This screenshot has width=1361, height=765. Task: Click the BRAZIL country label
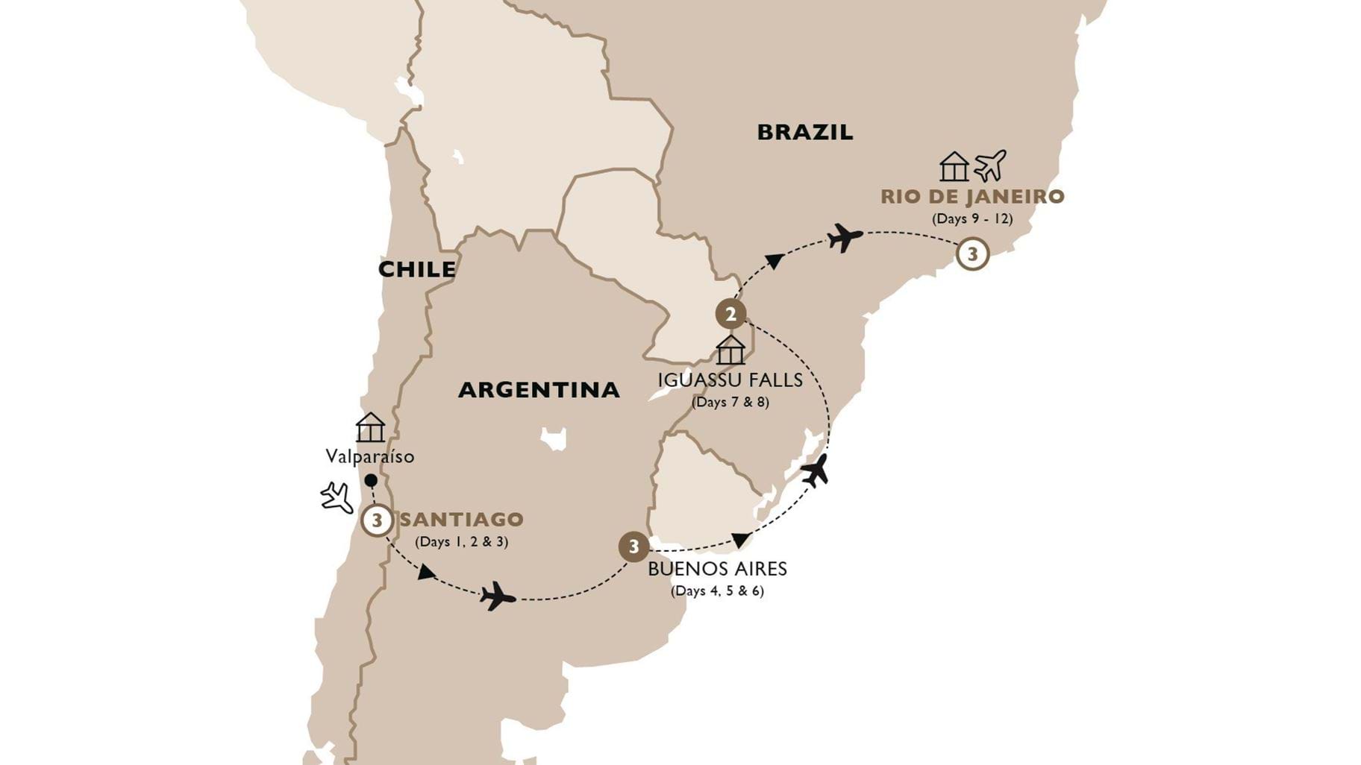pyautogui.click(x=804, y=133)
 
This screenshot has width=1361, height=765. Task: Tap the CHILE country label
pyautogui.click(x=416, y=269)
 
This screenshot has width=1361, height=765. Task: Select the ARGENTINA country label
pyautogui.click(x=539, y=389)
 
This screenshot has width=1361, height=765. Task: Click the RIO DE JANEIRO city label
pyautogui.click(x=972, y=197)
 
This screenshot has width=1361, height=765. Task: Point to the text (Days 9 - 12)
pyautogui.click(x=972, y=219)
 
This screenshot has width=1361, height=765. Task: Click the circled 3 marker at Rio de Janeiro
pyautogui.click(x=972, y=254)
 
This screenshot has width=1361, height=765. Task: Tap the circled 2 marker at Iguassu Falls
pyautogui.click(x=730, y=315)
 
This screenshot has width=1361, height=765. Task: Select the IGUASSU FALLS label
pyautogui.click(x=730, y=380)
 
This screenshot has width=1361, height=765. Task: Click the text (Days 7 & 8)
pyautogui.click(x=730, y=403)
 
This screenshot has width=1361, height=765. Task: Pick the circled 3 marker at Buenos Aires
pyautogui.click(x=633, y=547)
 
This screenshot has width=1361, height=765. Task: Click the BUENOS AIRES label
pyautogui.click(x=717, y=570)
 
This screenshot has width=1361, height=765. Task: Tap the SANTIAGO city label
pyautogui.click(x=461, y=520)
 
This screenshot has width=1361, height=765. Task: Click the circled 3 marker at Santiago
pyautogui.click(x=377, y=520)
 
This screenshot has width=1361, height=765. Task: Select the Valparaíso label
pyautogui.click(x=369, y=456)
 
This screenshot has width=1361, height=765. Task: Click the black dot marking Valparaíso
pyautogui.click(x=370, y=480)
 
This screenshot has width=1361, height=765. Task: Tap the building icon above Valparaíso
pyautogui.click(x=370, y=428)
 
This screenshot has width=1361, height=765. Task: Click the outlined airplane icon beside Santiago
pyautogui.click(x=337, y=497)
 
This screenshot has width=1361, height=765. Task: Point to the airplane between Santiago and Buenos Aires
pyautogui.click(x=498, y=596)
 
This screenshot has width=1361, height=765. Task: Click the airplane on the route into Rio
pyautogui.click(x=844, y=238)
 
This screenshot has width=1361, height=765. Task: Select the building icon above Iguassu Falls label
pyautogui.click(x=730, y=350)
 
